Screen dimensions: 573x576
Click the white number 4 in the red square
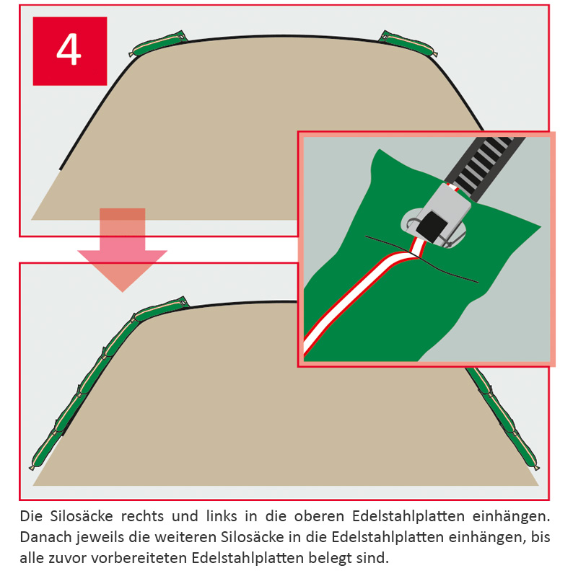click(x=69, y=50)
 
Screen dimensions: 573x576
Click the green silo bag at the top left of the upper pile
click(x=158, y=43)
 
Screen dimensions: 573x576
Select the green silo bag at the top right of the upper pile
click(x=408, y=44)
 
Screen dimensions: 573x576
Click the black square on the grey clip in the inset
click(x=432, y=227)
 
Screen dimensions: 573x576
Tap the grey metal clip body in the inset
click(x=443, y=213)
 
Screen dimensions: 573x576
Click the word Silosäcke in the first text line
click(x=82, y=516)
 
